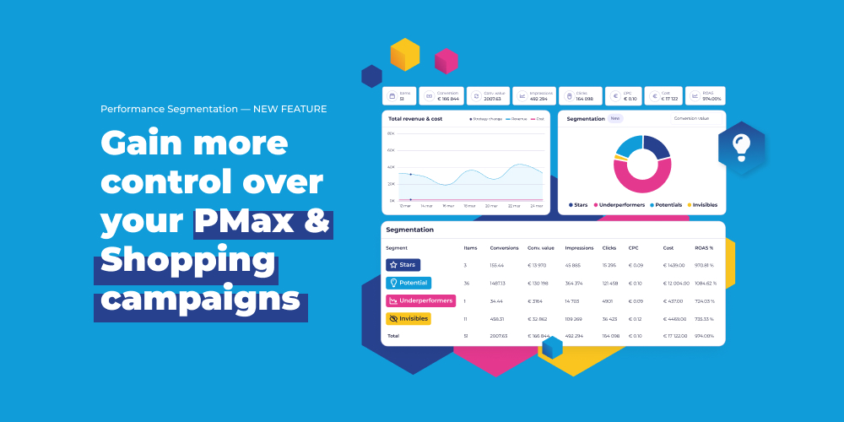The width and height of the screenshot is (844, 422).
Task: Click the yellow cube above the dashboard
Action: point(405,55)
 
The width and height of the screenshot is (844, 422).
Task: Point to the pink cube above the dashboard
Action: point(446,61)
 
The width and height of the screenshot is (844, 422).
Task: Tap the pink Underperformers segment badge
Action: point(420,300)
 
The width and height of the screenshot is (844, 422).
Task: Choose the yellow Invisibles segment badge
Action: point(408,319)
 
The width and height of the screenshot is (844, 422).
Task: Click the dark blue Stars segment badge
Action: point(403,265)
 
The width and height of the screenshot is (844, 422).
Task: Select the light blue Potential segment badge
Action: point(408,283)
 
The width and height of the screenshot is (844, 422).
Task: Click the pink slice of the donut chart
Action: point(639,180)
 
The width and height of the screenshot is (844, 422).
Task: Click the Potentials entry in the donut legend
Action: point(666,205)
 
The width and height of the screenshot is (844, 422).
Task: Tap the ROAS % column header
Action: point(704,248)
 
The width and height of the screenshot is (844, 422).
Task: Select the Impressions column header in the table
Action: point(579,248)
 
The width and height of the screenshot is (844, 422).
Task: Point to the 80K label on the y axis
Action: point(391,133)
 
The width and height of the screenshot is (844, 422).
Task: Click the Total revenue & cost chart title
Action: point(415,119)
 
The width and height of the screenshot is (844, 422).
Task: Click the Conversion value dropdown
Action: point(691,119)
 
